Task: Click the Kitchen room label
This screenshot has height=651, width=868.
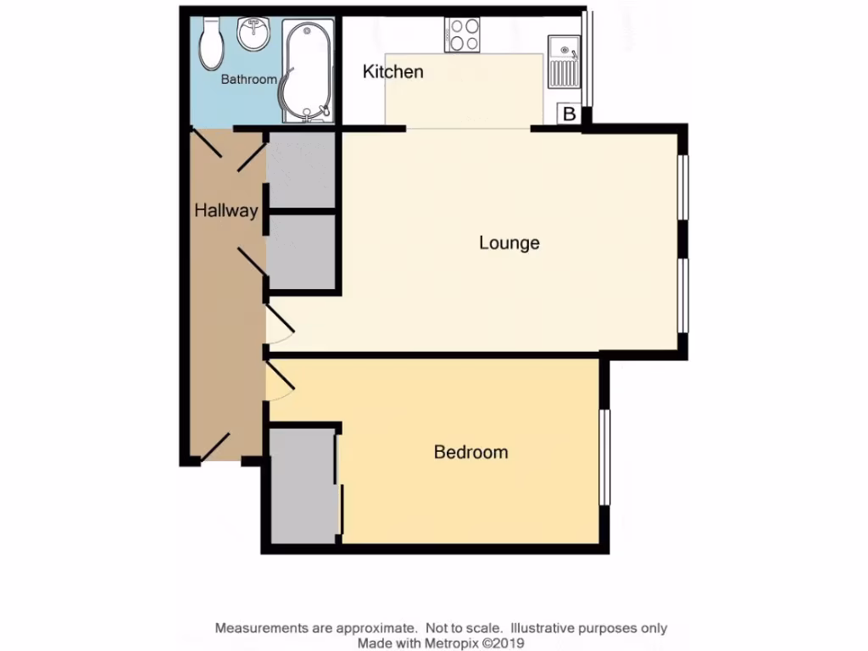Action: point(392,72)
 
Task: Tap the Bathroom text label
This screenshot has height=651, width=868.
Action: point(248,80)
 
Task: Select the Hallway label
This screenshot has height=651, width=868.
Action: point(225,211)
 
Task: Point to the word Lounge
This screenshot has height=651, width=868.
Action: point(509,243)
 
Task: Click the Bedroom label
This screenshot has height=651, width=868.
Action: point(470,452)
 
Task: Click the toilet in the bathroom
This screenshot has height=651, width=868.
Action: point(210,45)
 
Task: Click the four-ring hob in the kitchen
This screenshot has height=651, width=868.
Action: point(462,36)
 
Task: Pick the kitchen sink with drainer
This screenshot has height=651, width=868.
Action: point(563,61)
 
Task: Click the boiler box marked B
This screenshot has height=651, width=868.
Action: point(569,114)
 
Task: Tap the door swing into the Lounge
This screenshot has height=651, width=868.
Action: point(281,325)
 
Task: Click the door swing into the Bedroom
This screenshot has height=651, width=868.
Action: point(280,380)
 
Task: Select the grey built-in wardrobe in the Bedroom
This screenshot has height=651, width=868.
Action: point(303,484)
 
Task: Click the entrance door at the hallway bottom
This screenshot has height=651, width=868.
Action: point(217,448)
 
